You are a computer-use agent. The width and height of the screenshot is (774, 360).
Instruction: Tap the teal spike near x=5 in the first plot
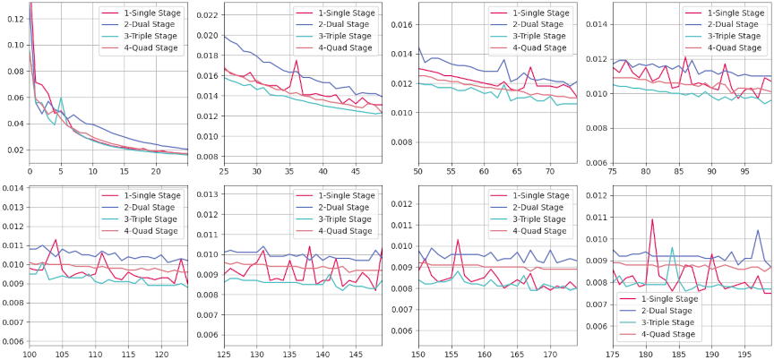pyautogui.click(x=61, y=99)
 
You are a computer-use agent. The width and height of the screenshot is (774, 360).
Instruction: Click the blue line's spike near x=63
pyautogui.click(x=506, y=62)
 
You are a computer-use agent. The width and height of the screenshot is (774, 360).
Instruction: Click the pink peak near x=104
pyautogui.click(x=56, y=240)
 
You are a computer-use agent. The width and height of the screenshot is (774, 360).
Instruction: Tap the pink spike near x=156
pyautogui.click(x=458, y=240)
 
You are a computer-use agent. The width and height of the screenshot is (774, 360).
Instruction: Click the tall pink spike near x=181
pyautogui.click(x=651, y=219)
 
